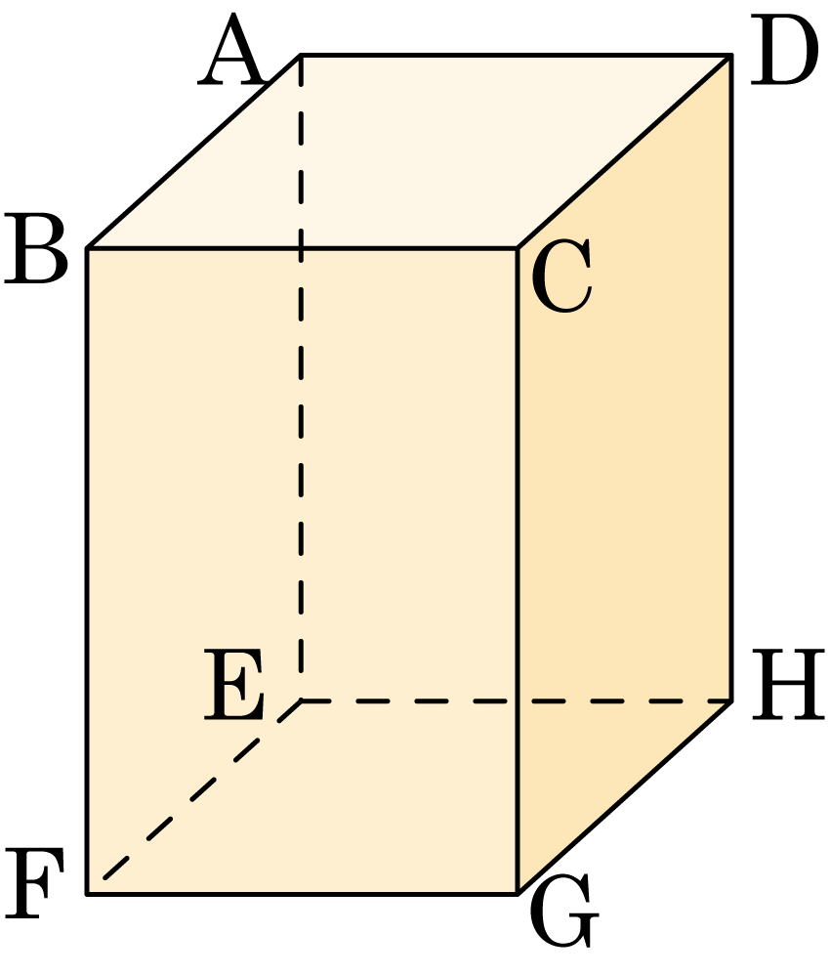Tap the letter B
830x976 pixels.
point(36,249)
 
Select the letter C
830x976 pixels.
point(561,276)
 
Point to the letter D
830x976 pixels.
point(783,50)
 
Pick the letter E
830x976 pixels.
point(234,685)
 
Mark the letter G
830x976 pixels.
point(563,911)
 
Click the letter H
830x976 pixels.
point(788,685)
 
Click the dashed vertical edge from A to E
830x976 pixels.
point(301,378)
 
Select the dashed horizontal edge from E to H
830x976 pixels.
point(517,700)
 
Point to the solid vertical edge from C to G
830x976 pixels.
point(518,571)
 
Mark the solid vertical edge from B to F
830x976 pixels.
point(87,571)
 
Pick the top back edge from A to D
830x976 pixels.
point(517,56)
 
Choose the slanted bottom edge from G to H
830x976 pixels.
point(625,797)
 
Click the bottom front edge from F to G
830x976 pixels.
point(303,894)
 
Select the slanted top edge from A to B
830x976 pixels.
point(194,151)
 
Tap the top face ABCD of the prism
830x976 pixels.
point(409,151)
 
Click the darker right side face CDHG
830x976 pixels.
point(625,474)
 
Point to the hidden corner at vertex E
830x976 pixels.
point(301,700)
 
